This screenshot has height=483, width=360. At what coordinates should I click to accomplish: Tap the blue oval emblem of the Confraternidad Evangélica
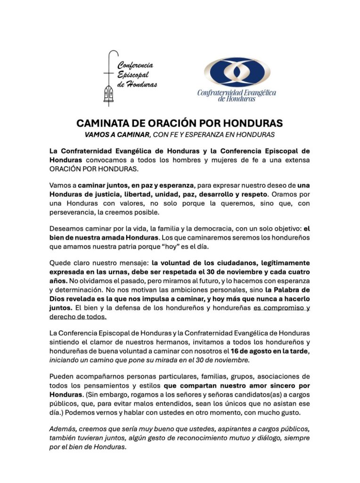(237, 72)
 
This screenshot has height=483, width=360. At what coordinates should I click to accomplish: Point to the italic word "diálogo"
(263, 438)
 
